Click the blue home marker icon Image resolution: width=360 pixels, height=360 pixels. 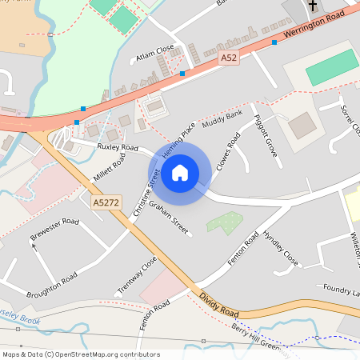coord(180,172)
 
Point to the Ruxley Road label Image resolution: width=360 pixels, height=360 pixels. coord(118,148)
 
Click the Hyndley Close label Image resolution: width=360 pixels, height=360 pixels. coord(281,250)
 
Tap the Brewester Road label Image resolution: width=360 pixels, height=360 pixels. coord(54,230)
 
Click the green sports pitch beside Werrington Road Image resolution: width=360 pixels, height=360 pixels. coord(332,67)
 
